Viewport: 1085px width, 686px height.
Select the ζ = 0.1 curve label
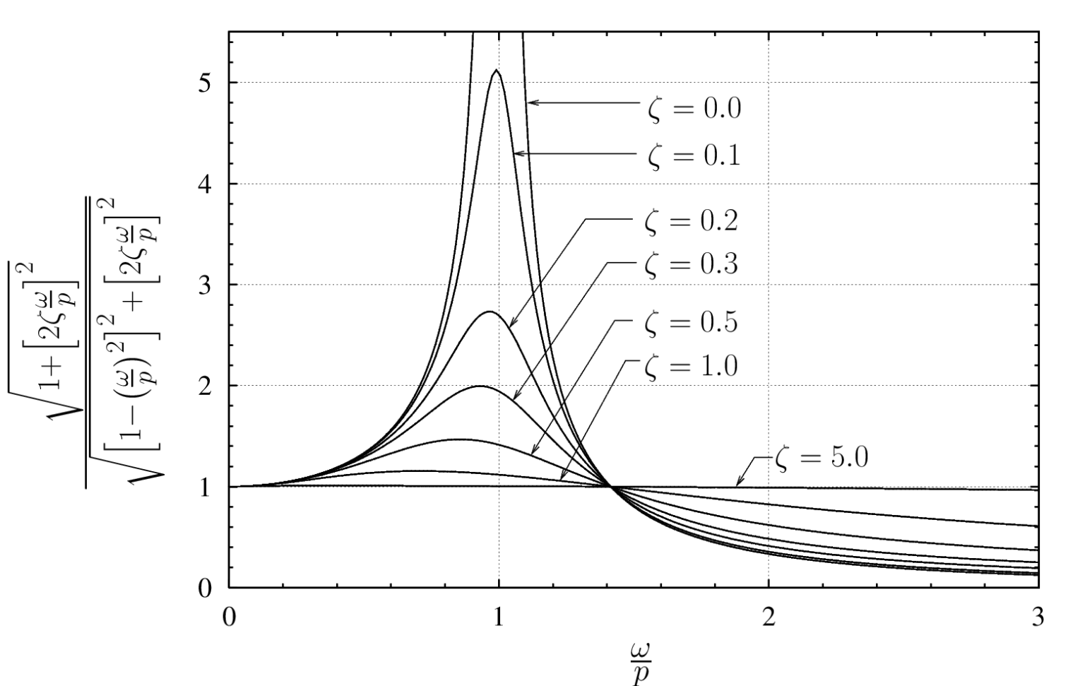[x=694, y=154]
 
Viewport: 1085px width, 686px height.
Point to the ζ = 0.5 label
[x=692, y=321]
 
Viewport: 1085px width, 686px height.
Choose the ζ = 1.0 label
[x=692, y=366]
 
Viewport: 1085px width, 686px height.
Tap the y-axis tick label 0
[x=205, y=589]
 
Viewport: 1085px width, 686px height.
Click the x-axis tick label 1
[x=499, y=616]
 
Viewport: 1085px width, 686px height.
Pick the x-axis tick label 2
[x=769, y=616]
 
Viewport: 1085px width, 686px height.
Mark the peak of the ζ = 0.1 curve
[x=497, y=70]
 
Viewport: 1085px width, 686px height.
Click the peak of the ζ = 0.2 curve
[x=490, y=312]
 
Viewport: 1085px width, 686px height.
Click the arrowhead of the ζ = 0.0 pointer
[x=530, y=102]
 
